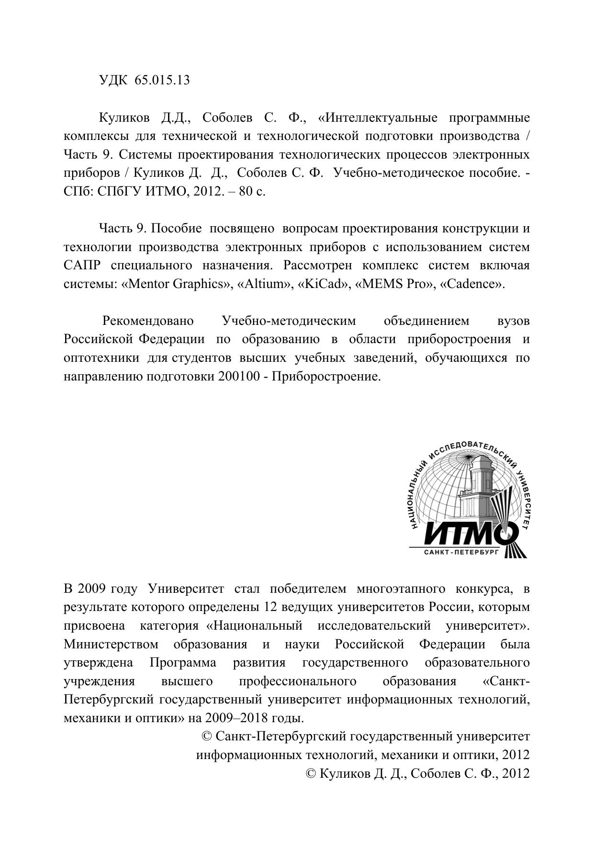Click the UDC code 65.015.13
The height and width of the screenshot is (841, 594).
tap(162, 80)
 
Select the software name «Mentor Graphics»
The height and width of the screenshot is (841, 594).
tap(176, 284)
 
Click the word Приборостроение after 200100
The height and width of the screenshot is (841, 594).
tap(325, 377)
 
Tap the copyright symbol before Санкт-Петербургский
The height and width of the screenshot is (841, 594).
tap(207, 737)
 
